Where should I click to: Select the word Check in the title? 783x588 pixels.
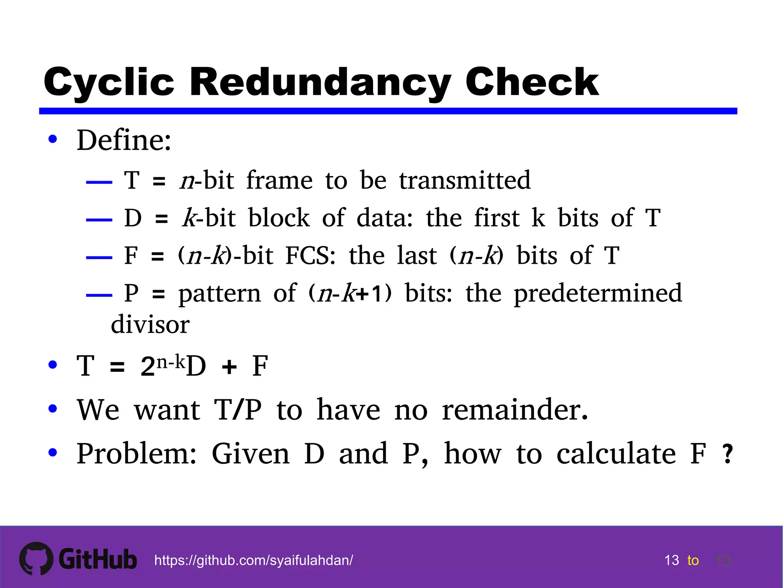point(532,82)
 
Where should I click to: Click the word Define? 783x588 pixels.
point(123,140)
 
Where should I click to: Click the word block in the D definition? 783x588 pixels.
point(279,218)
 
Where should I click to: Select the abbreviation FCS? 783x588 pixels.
point(310,255)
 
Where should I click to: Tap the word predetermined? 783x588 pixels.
point(598,293)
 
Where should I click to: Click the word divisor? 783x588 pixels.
point(150,325)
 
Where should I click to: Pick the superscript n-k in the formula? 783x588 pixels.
point(171,361)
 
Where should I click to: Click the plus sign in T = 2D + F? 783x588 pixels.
point(229,367)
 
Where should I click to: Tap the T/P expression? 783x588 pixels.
point(238,410)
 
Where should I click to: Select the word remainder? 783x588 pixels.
point(515,410)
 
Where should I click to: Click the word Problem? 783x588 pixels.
point(136,454)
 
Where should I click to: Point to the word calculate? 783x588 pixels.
point(616,454)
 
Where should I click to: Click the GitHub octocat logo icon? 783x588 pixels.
point(36,559)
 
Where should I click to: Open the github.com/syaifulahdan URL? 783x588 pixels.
point(253,560)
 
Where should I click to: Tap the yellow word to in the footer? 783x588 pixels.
point(693,561)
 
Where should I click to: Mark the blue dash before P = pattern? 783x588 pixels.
point(99,295)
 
